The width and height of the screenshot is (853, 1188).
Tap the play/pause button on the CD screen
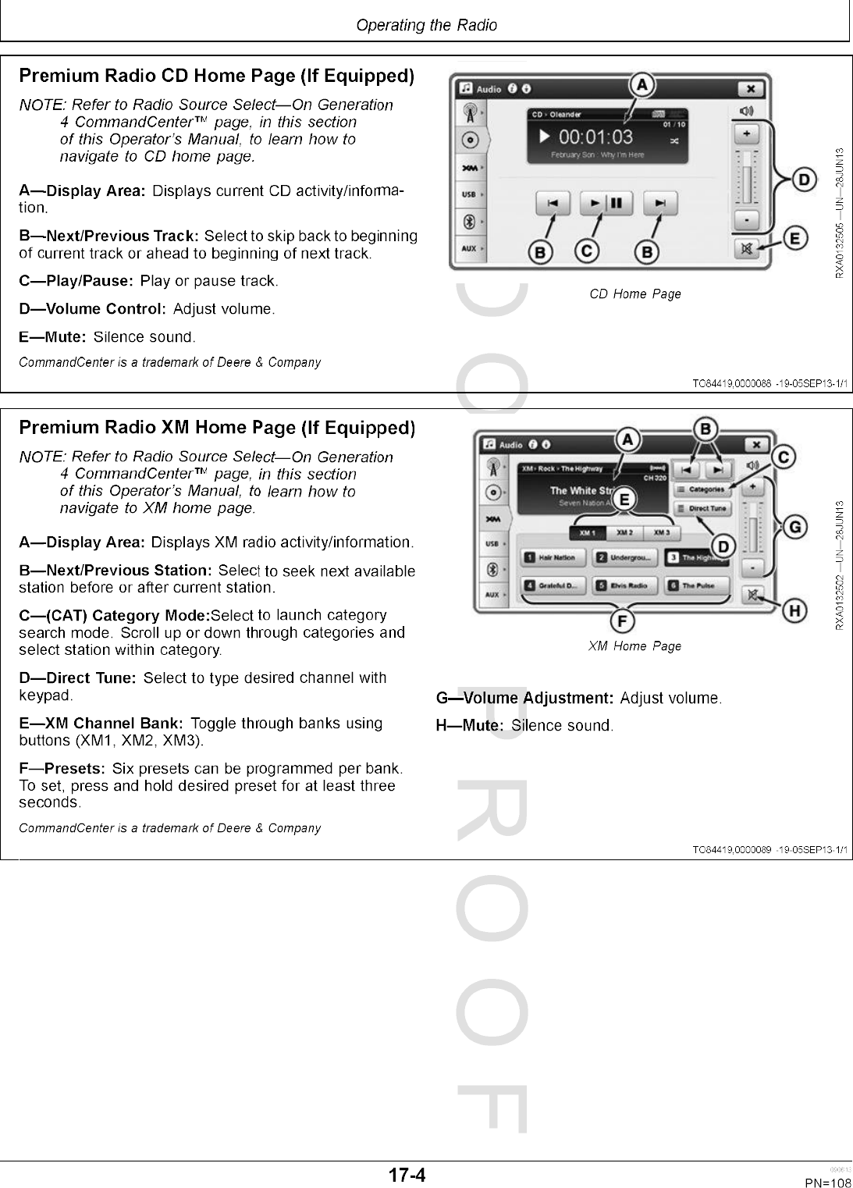pyautogui.click(x=606, y=204)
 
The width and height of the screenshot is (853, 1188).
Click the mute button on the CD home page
pyautogui.click(x=746, y=249)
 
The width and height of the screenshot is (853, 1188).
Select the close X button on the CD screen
pyautogui.click(x=749, y=89)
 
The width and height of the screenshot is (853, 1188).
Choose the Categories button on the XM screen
pyautogui.click(x=702, y=489)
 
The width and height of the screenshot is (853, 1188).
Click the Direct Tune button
pyautogui.click(x=702, y=508)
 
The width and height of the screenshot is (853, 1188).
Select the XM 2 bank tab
pyautogui.click(x=624, y=533)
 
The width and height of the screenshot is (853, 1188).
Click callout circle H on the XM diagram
pyautogui.click(x=794, y=610)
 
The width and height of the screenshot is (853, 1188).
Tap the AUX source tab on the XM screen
pyautogui.click(x=492, y=595)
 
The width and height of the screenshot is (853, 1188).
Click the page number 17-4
pyautogui.click(x=407, y=1175)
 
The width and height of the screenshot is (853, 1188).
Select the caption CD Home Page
pyautogui.click(x=635, y=294)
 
